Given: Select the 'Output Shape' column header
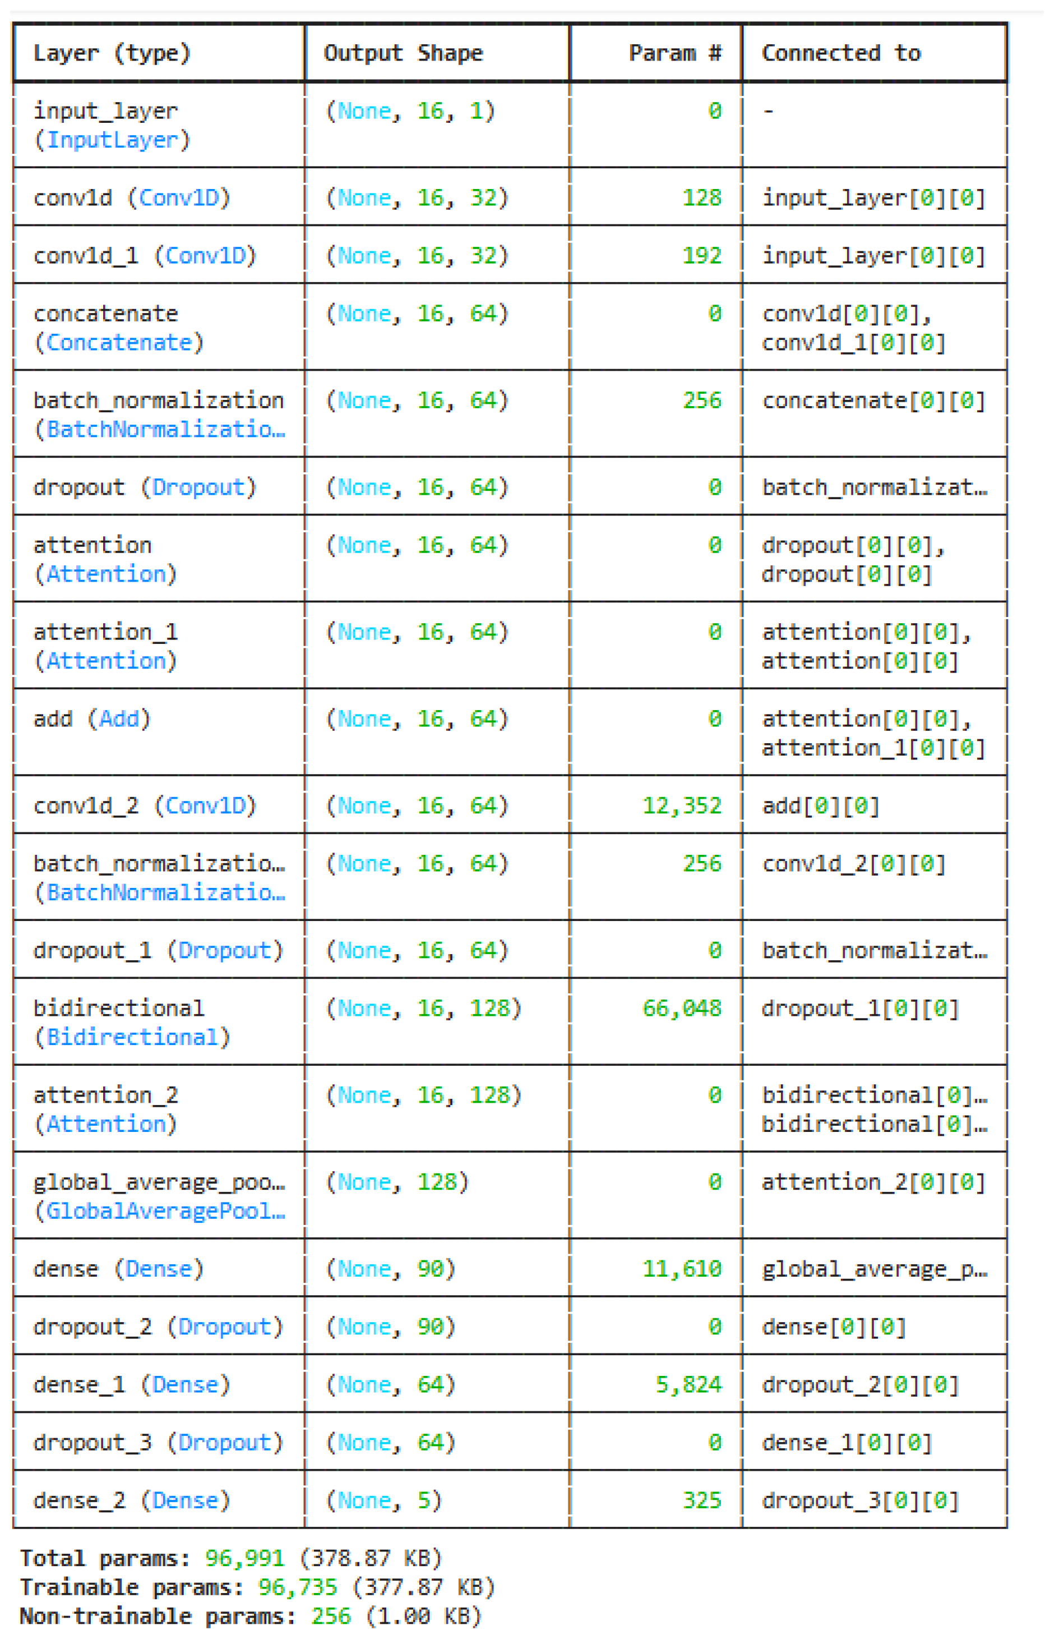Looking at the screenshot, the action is [403, 53].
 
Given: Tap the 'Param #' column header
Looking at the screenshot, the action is [674, 53].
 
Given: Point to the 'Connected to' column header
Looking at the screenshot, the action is [841, 53].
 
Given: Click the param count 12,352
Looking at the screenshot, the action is [681, 805].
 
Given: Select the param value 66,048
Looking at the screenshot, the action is [681, 1008].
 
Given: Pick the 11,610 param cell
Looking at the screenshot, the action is [681, 1269].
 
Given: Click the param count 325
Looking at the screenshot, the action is [702, 1500].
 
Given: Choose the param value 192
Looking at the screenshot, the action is [702, 256].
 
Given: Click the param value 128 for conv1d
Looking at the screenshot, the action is [702, 198].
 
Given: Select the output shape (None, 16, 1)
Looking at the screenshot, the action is [410, 111].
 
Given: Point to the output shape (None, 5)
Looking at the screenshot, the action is [384, 1500].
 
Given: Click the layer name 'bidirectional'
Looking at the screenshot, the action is [119, 1008].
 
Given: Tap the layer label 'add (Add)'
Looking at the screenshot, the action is [92, 719].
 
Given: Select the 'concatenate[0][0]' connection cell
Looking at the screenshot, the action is [873, 400].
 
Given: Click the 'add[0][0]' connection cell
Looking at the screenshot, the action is [820, 805].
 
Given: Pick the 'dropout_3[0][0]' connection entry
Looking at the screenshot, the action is [860, 1500].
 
